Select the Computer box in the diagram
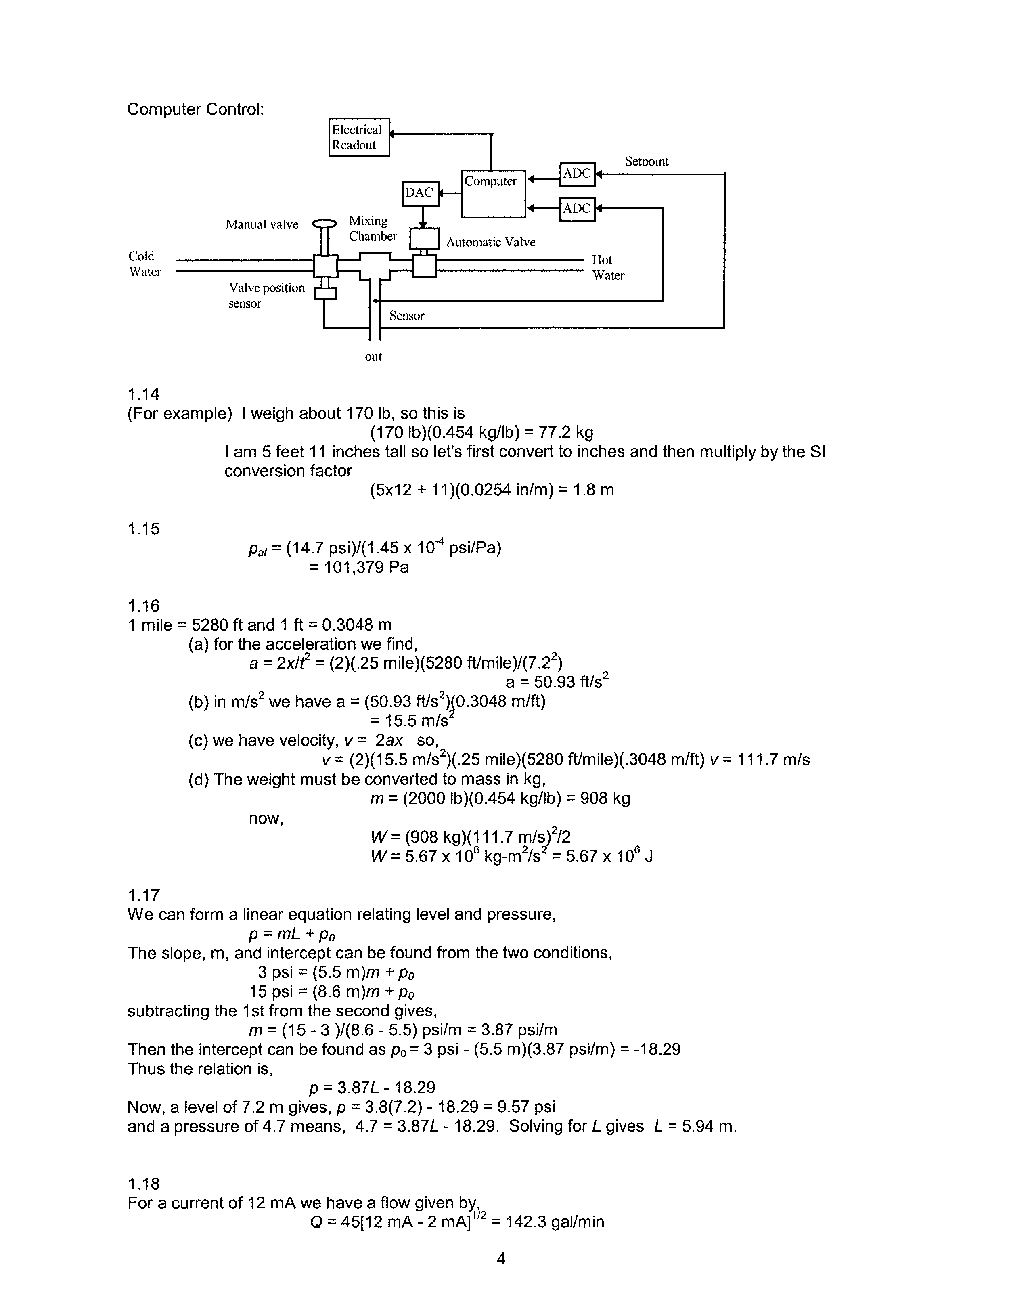point(493,193)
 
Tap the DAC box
point(420,193)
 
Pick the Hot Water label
point(608,267)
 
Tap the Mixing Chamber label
point(373,228)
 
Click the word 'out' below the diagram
point(373,357)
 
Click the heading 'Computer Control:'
point(195,109)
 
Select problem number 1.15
point(144,529)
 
